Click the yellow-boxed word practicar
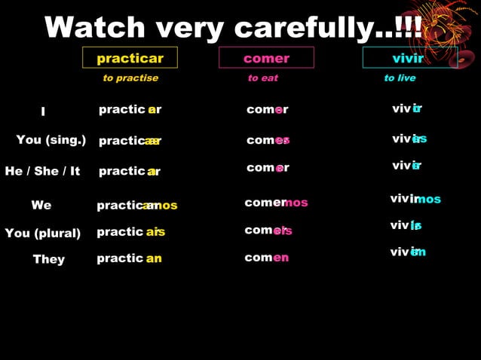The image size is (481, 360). pos(130,58)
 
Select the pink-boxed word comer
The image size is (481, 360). pos(266,58)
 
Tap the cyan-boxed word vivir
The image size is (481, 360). pos(408,58)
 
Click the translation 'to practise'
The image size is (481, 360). pos(130,78)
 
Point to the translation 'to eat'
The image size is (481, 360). pos(263,78)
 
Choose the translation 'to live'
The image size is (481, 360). pos(400,78)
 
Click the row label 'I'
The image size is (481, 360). pos(43,111)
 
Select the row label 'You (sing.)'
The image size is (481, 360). pos(51,140)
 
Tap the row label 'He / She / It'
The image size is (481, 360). pos(42,171)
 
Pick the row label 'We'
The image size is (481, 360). pos(41,205)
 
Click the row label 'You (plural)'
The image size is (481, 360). pos(43,233)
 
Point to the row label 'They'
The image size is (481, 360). pos(49,259)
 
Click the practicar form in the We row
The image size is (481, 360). pos(136,206)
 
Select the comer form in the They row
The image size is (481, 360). pos(267,258)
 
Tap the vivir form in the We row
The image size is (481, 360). pos(415,199)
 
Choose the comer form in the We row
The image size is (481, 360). pos(276,203)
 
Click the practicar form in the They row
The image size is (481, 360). pos(129,258)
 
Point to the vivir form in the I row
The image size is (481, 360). pos(407,108)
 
